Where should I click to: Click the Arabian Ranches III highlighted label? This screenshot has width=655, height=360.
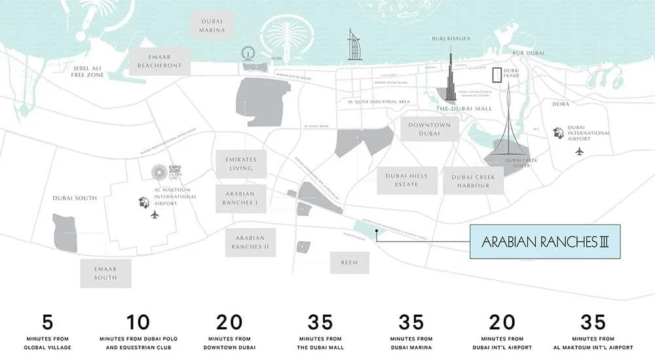click(x=545, y=242)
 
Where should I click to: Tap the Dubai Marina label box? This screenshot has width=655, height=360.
click(x=212, y=25)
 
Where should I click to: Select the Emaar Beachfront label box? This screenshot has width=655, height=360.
click(x=160, y=61)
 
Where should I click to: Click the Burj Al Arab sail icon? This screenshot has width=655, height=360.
click(x=354, y=46)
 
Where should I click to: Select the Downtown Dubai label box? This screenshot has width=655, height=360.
click(x=429, y=129)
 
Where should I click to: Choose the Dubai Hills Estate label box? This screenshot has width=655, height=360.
click(x=407, y=180)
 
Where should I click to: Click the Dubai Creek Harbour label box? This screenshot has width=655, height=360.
click(x=474, y=181)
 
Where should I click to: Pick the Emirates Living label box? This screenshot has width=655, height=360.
click(x=240, y=164)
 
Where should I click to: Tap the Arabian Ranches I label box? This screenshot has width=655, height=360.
click(x=240, y=198)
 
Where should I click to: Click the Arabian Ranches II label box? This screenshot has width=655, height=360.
click(x=250, y=242)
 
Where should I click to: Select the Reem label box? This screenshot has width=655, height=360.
click(x=349, y=262)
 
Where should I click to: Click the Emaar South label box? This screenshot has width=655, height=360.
click(x=105, y=273)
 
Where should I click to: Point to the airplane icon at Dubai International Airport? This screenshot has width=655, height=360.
click(x=579, y=151)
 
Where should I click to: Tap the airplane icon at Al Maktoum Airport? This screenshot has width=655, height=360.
click(x=155, y=214)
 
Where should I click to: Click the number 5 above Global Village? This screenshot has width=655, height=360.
click(x=47, y=322)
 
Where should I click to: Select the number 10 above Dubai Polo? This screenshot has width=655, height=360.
click(x=138, y=322)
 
